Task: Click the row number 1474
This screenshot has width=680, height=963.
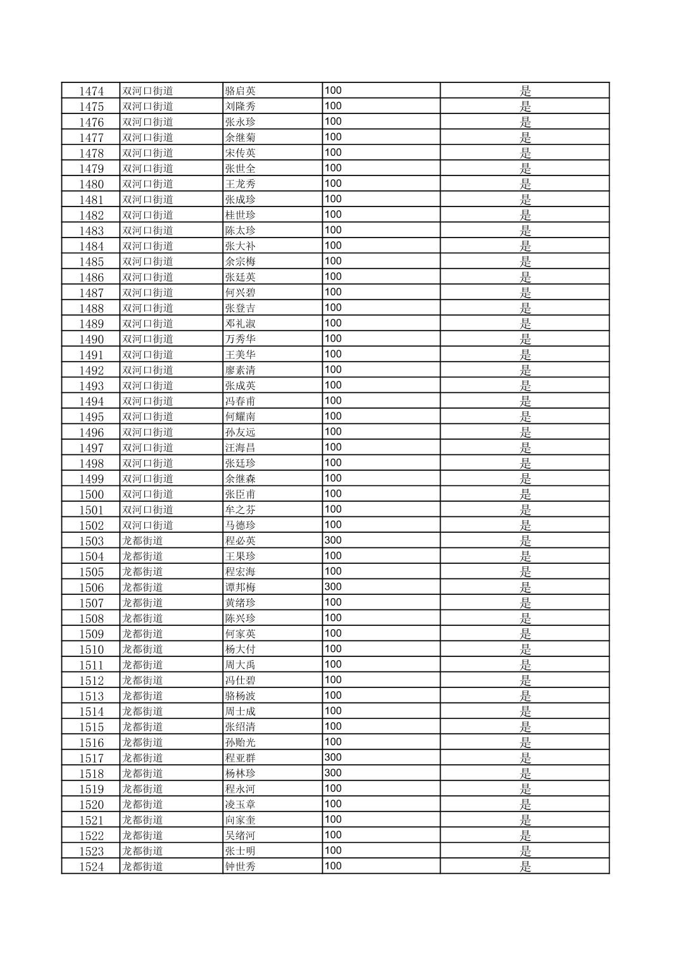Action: tap(91, 91)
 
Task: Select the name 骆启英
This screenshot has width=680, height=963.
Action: tap(241, 91)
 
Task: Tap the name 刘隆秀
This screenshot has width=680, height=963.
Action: tap(241, 106)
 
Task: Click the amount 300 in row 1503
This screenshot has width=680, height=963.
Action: tap(333, 540)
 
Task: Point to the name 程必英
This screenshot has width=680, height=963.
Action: tap(241, 541)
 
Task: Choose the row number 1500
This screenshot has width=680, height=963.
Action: tap(91, 495)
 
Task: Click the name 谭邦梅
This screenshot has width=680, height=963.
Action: tap(241, 587)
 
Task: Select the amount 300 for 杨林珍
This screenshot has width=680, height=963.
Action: tap(333, 773)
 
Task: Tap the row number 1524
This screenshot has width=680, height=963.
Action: tap(91, 867)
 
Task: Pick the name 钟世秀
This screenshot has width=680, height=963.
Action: tap(241, 867)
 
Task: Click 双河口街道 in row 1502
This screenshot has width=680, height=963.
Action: tap(148, 525)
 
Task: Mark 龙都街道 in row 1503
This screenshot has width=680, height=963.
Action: tap(142, 541)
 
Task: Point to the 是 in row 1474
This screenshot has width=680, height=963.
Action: tap(525, 91)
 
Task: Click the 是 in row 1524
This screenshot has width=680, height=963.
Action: tap(525, 867)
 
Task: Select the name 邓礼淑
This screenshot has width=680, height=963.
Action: tap(241, 324)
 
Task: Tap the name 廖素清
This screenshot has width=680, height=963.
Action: tap(241, 371)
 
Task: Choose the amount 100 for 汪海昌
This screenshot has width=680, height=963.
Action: tap(333, 447)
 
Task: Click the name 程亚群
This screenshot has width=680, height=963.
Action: tap(241, 758)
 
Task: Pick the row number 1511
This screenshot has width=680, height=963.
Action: tap(91, 665)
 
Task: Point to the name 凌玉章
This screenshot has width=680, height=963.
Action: tap(241, 805)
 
